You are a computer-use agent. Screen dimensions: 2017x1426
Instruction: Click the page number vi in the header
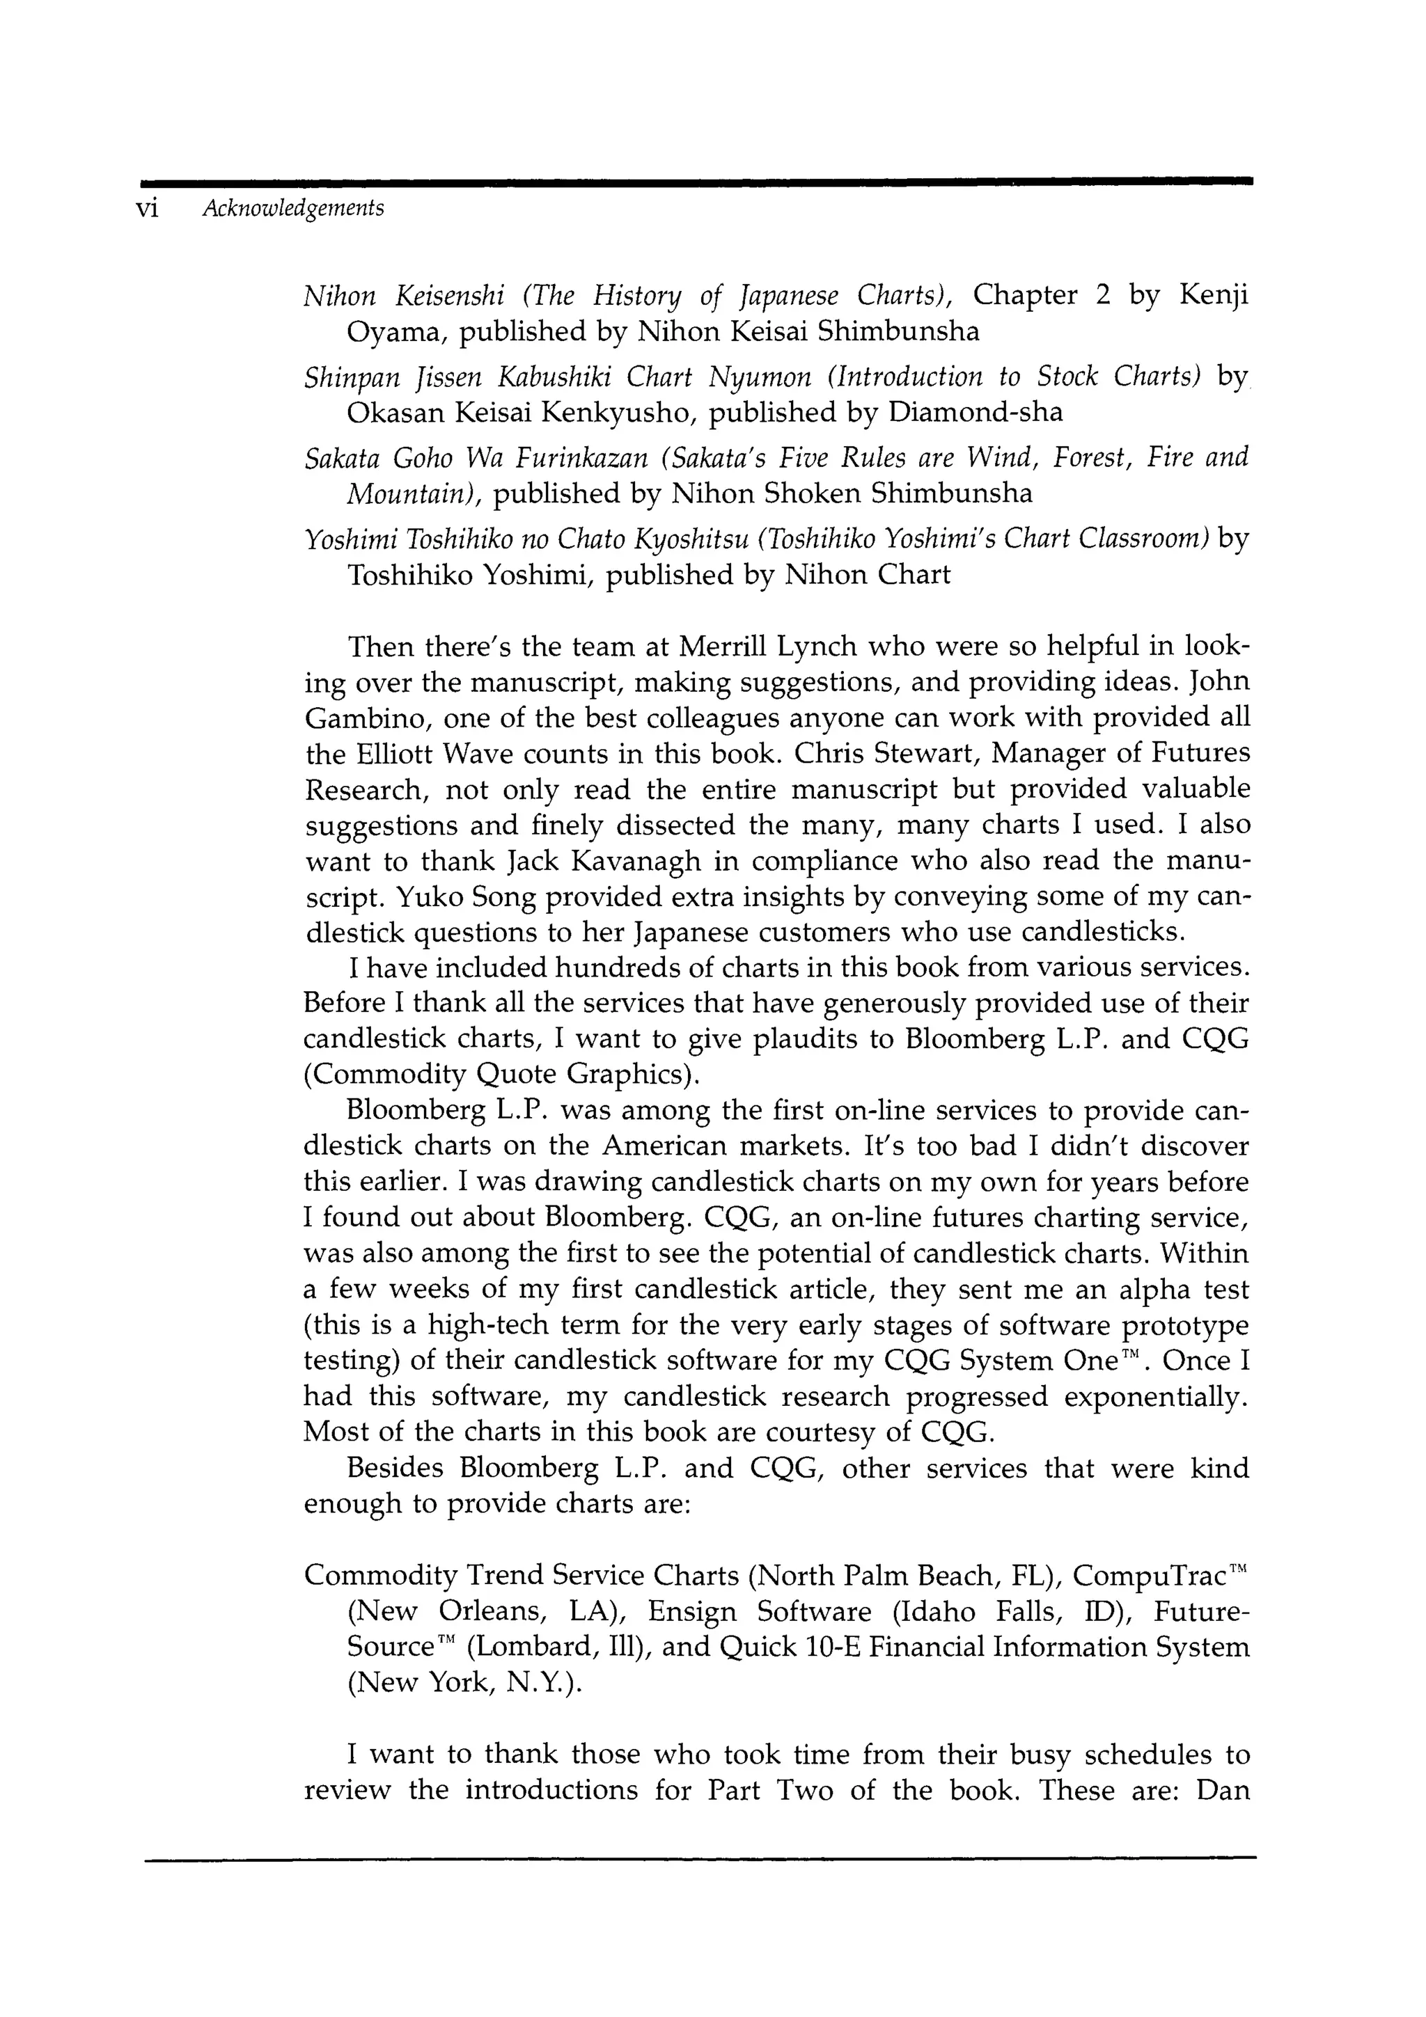tap(146, 209)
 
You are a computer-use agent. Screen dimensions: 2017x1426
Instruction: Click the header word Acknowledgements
tap(292, 209)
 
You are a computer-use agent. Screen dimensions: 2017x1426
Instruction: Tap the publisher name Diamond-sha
tap(976, 412)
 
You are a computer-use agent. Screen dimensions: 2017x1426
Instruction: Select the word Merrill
tap(725, 647)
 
